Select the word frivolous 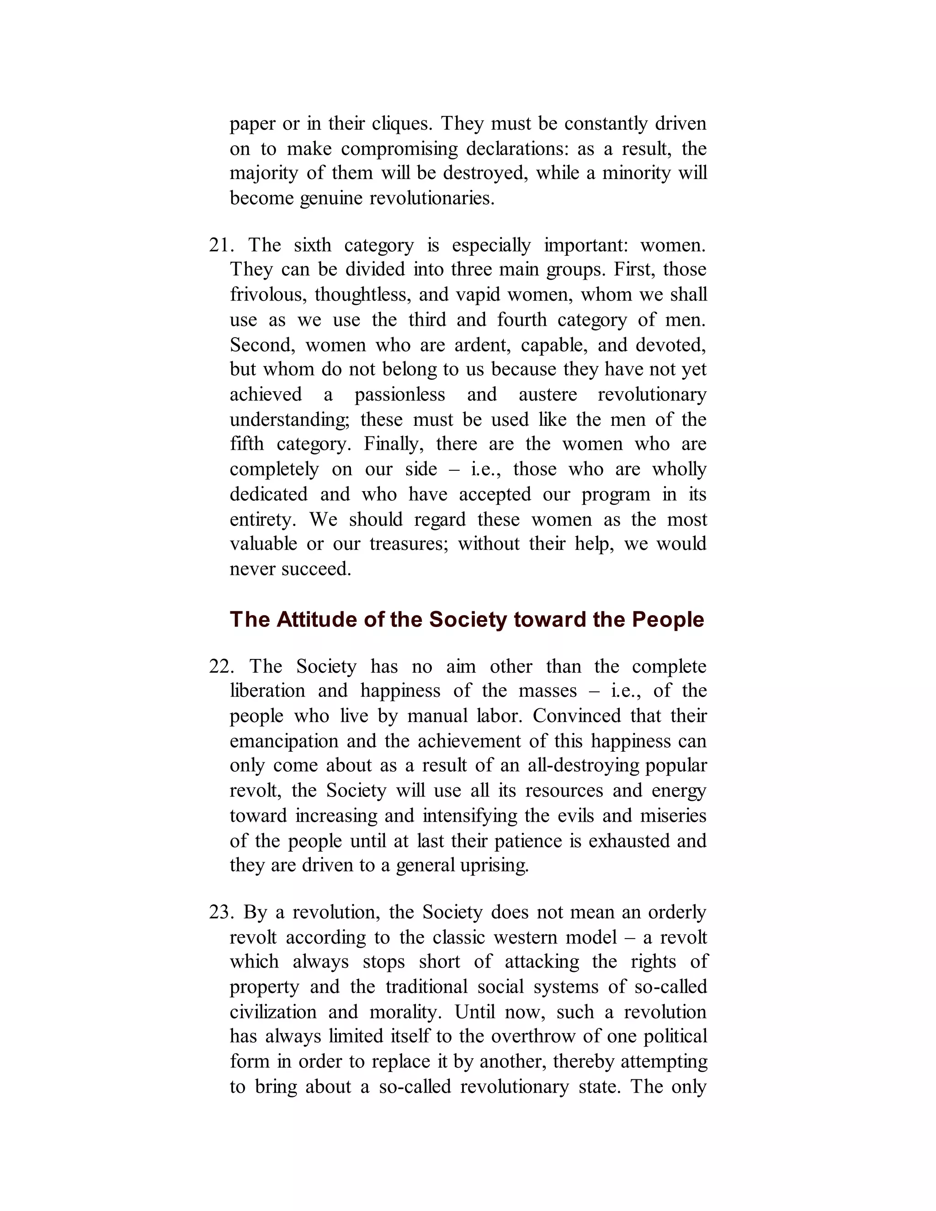267,294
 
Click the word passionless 399,394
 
